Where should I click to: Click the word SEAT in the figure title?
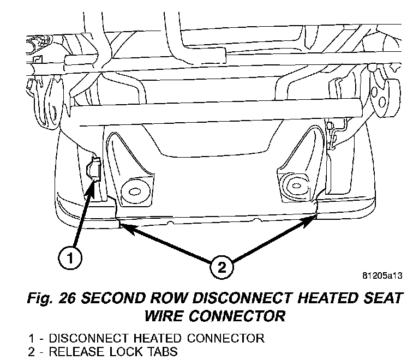[380, 299]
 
